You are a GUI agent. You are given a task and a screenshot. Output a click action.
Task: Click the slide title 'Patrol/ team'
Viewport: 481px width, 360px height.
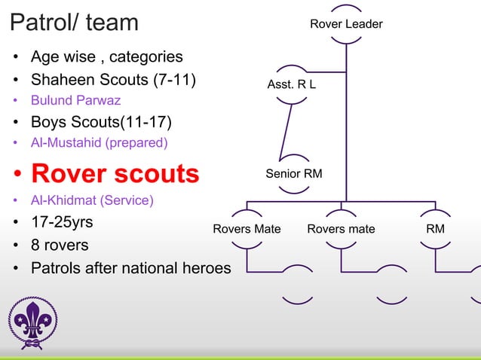75,23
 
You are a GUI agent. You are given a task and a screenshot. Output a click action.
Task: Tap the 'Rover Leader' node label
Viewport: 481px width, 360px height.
346,24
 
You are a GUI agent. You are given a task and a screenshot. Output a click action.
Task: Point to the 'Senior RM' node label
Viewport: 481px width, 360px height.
293,174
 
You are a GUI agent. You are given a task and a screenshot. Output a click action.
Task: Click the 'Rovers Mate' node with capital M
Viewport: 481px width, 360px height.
247,229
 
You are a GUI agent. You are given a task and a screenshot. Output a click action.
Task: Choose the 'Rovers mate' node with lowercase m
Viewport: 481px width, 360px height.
341,229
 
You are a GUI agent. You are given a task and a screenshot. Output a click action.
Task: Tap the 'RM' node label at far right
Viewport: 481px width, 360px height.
435,229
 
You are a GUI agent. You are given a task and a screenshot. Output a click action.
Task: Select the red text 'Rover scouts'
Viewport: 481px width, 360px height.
115,173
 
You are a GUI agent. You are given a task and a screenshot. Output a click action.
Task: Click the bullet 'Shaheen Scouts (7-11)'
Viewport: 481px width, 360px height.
113,78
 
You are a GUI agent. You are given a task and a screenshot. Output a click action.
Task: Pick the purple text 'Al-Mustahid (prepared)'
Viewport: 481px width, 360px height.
99,142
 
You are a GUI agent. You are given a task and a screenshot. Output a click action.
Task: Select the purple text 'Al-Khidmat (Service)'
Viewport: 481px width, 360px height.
92,201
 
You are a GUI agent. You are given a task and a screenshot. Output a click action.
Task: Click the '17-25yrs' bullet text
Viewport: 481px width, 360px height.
62,223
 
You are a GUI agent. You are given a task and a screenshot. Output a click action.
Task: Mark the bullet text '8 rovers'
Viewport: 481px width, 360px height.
60,246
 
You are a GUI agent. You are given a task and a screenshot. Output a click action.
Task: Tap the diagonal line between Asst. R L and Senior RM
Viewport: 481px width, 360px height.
285,131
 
